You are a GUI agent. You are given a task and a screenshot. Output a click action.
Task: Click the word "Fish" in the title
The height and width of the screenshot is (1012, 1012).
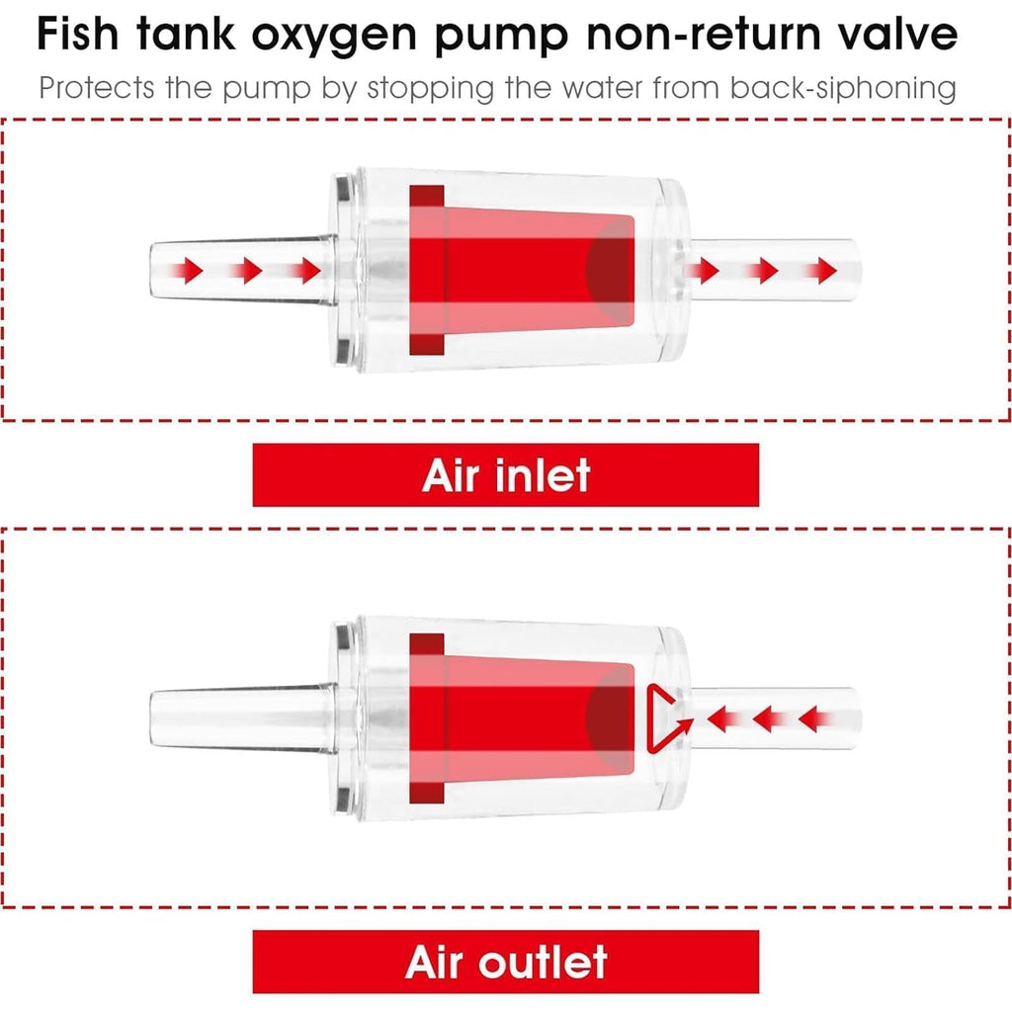tap(77, 35)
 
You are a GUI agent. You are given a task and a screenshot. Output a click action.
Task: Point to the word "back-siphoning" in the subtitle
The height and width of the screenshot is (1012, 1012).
tap(843, 88)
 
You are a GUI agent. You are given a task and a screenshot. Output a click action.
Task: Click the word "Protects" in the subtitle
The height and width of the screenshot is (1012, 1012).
tap(97, 88)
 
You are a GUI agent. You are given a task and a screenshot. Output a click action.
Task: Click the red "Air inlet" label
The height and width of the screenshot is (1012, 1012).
tap(505, 475)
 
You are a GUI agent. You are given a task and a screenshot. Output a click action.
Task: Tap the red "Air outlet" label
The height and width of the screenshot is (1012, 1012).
tap(505, 962)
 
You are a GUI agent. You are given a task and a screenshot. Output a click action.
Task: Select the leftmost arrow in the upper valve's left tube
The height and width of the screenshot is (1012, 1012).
tap(186, 270)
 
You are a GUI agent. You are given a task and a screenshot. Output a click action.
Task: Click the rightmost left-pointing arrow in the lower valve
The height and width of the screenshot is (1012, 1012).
tap(815, 718)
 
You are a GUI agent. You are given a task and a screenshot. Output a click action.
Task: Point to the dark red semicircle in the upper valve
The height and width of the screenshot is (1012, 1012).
tap(611, 269)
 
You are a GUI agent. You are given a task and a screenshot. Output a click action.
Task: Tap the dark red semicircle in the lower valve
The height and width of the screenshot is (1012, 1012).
tap(611, 717)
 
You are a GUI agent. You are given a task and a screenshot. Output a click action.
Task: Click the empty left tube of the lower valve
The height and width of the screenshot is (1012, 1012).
tap(243, 717)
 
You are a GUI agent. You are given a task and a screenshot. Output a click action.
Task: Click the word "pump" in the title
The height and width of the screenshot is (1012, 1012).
tap(501, 39)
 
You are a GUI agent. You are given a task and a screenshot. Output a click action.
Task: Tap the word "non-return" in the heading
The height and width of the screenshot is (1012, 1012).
tap(703, 35)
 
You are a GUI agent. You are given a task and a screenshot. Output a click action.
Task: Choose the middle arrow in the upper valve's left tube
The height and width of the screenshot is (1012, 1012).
tap(245, 270)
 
